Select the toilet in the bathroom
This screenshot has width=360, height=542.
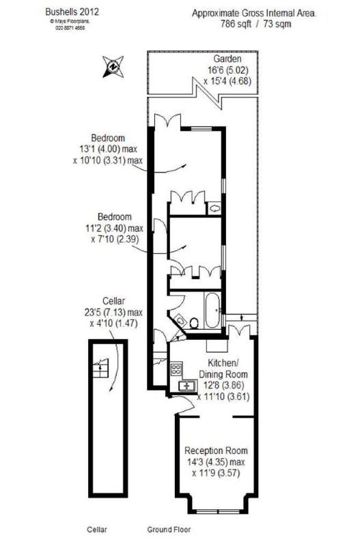click(x=193, y=322)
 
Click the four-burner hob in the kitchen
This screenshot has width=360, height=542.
click(x=175, y=371)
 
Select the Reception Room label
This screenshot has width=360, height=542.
click(x=215, y=451)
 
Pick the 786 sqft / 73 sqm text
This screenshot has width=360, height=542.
click(x=253, y=23)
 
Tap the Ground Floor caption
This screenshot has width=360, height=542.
click(x=169, y=529)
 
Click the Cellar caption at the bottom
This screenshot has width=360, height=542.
click(x=98, y=529)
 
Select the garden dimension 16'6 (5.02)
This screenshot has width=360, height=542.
click(x=225, y=69)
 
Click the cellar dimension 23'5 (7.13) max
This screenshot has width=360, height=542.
click(x=110, y=313)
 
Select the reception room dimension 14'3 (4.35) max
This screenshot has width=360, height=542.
click(x=215, y=461)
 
